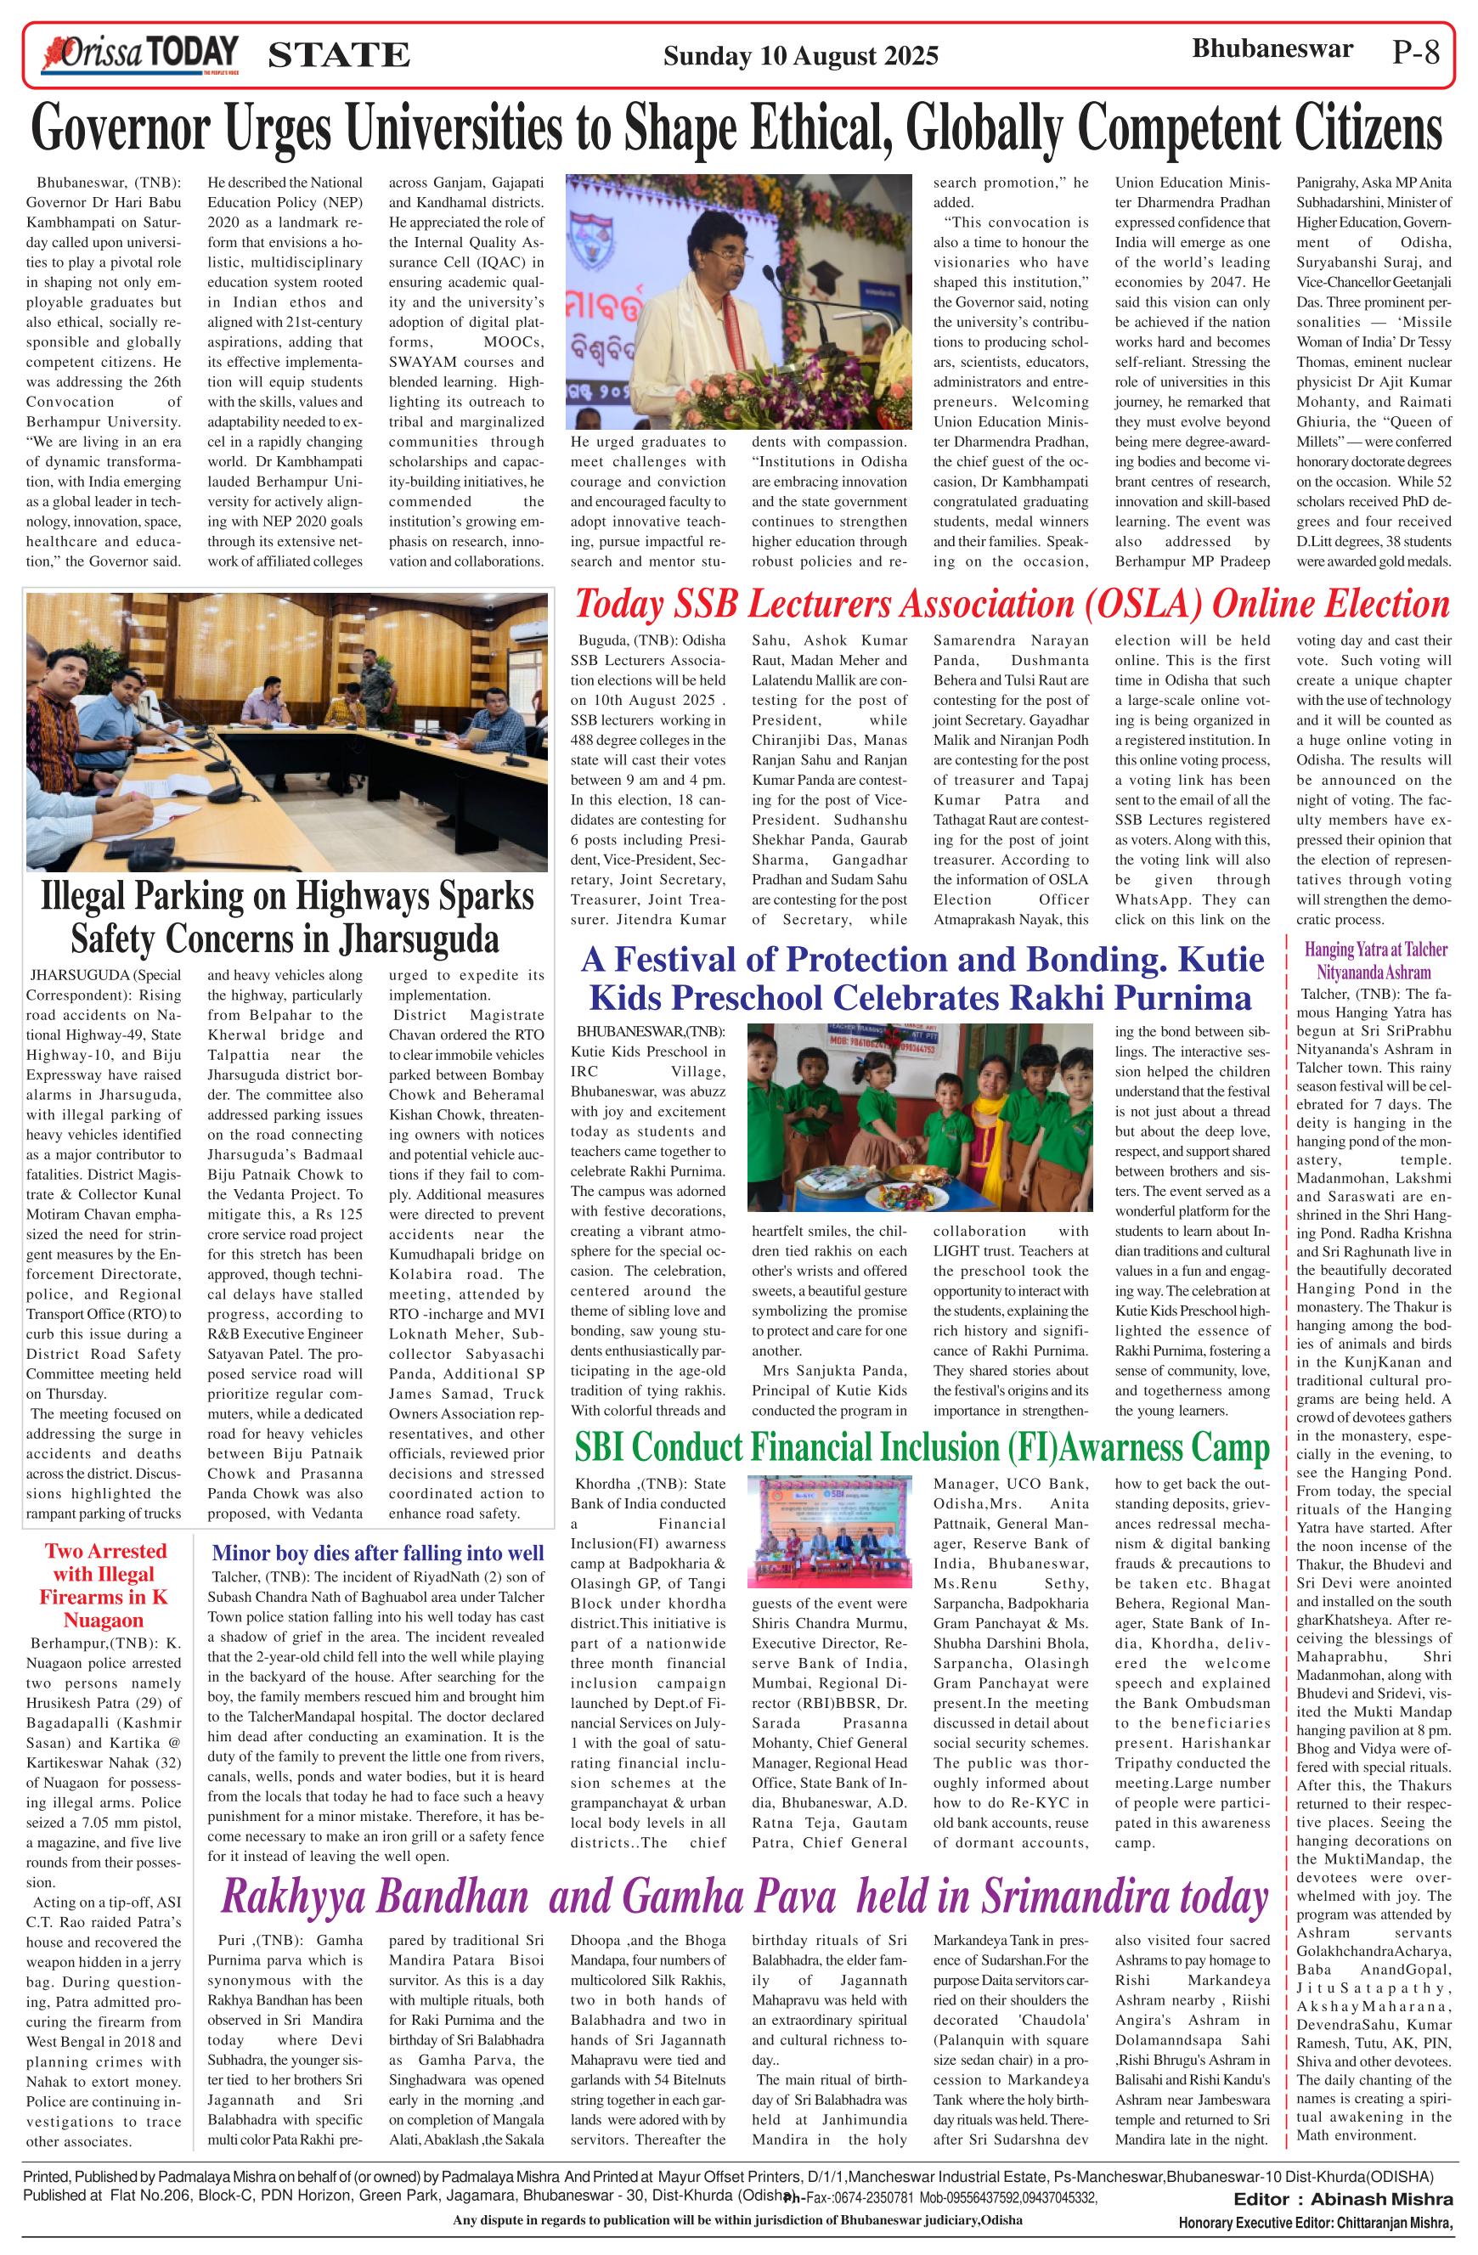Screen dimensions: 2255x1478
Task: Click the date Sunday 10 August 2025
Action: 799,57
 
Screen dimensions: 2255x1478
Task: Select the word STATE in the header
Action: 339,56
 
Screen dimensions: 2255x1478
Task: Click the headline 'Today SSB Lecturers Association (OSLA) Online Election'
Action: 1012,604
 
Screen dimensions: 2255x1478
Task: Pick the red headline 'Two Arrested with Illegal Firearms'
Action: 105,1584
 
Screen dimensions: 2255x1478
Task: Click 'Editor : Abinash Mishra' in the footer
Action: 1344,2198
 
